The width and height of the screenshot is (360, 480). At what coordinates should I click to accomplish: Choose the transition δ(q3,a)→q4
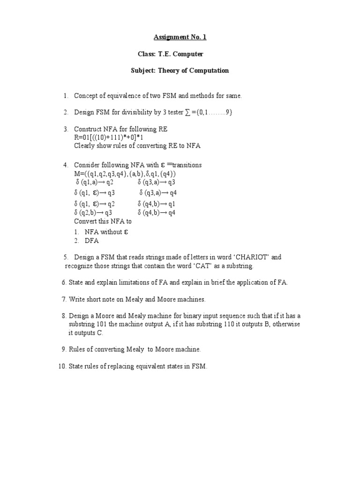158,193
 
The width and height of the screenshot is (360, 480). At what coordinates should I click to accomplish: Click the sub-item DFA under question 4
92,241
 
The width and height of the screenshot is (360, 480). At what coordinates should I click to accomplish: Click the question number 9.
63,350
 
